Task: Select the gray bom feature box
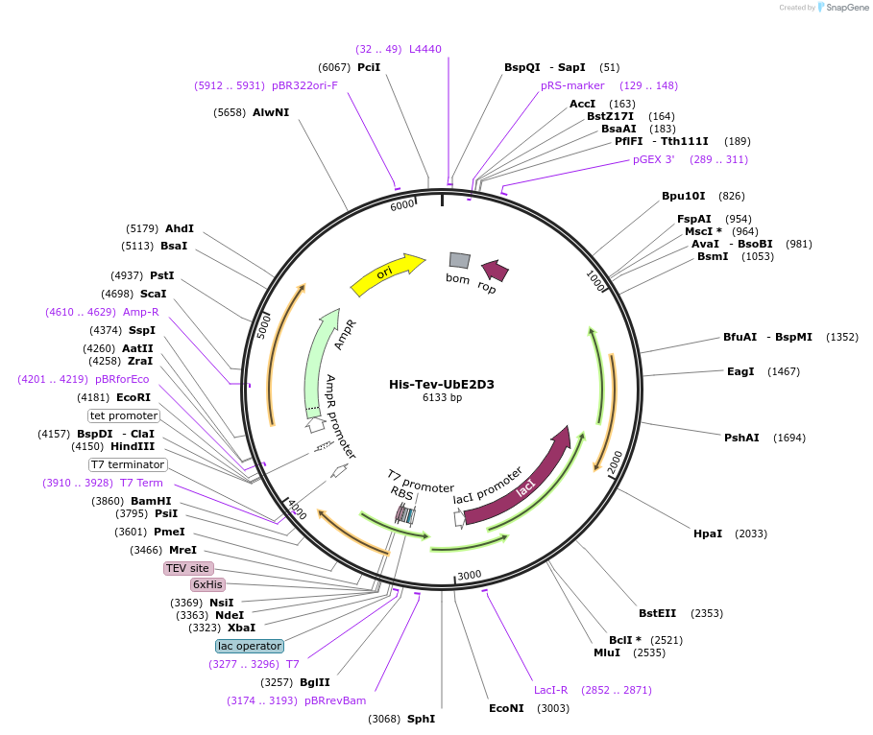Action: click(x=460, y=260)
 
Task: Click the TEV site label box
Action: click(x=187, y=568)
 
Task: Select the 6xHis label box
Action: click(x=207, y=584)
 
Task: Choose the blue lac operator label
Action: click(x=250, y=646)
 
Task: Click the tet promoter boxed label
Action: click(x=124, y=415)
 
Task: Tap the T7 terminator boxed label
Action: click(x=129, y=464)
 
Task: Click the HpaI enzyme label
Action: click(x=708, y=533)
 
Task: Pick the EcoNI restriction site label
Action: click(x=506, y=708)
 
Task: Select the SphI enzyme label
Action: click(x=421, y=718)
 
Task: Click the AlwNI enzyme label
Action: click(x=271, y=112)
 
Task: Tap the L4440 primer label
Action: click(x=425, y=49)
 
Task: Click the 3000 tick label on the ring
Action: click(x=469, y=575)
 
